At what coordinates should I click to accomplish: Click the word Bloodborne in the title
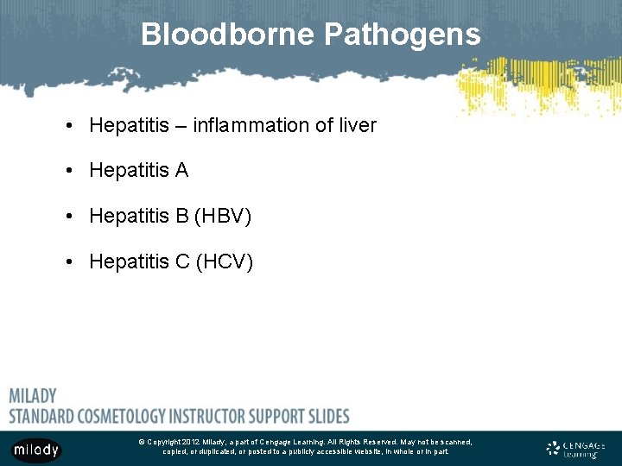227,35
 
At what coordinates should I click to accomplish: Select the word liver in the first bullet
356,125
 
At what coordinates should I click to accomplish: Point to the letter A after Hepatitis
181,170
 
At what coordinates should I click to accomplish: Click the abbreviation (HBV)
223,215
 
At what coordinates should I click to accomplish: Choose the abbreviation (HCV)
224,261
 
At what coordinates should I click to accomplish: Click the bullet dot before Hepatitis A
67,171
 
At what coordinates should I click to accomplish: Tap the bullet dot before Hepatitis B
67,216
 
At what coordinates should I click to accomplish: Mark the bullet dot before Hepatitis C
67,261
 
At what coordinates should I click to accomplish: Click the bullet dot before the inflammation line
67,126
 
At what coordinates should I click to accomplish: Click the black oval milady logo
35,450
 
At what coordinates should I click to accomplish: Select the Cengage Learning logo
575,449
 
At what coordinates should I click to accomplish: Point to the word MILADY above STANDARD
33,396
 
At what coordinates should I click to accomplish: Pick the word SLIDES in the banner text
327,416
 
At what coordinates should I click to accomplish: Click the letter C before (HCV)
182,261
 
